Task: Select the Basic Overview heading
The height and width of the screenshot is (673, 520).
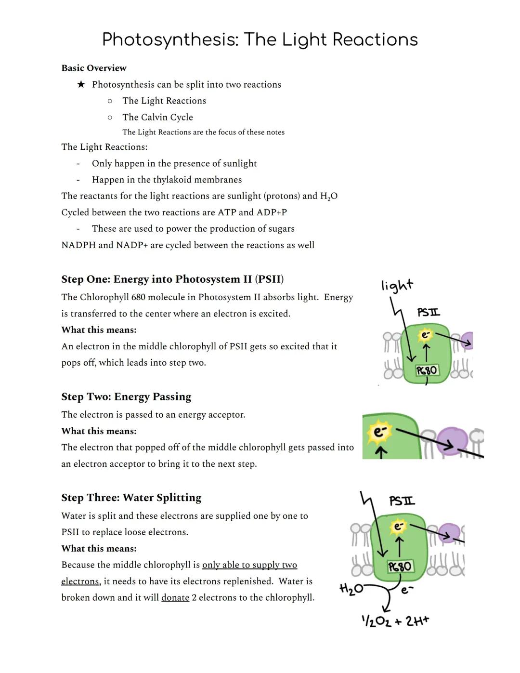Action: click(94, 68)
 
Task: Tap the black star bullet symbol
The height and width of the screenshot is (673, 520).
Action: click(81, 84)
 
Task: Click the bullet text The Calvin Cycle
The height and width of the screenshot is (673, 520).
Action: click(157, 117)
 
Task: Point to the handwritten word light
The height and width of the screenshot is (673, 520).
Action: click(397, 285)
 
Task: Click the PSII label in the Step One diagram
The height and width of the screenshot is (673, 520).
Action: click(428, 313)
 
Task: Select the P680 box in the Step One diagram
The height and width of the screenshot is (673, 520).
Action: click(427, 370)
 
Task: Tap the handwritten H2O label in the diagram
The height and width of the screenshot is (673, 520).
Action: click(351, 589)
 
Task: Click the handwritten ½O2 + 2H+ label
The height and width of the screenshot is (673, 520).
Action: click(395, 621)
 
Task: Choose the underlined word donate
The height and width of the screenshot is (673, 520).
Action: click(175, 597)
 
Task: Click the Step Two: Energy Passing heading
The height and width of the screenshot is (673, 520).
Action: click(126, 396)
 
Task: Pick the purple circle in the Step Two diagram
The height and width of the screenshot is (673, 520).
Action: click(452, 440)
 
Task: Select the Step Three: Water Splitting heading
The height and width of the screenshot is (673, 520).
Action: click(131, 498)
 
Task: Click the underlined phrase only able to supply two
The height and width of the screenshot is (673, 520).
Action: click(249, 565)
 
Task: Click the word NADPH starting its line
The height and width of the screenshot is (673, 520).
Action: click(78, 245)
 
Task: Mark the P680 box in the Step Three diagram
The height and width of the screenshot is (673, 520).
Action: click(400, 566)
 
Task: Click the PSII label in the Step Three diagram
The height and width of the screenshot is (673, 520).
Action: click(402, 501)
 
